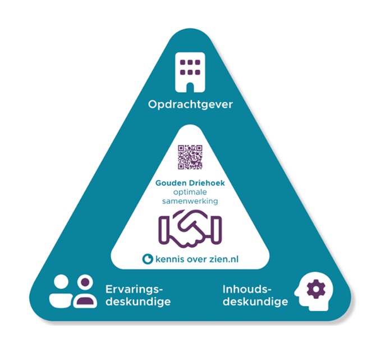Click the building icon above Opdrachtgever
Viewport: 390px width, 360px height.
point(190,72)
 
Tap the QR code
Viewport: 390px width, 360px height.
point(190,157)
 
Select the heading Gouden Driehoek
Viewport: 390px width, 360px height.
point(190,183)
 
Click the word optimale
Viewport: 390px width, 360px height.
point(190,192)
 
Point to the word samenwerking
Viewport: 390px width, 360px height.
point(190,201)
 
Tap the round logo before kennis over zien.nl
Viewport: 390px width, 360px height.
point(148,259)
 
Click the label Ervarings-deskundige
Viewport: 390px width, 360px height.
point(137,295)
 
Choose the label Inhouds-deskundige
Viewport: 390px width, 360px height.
point(255,295)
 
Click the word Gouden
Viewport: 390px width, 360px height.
point(173,183)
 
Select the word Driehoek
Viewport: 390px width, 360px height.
point(207,183)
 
